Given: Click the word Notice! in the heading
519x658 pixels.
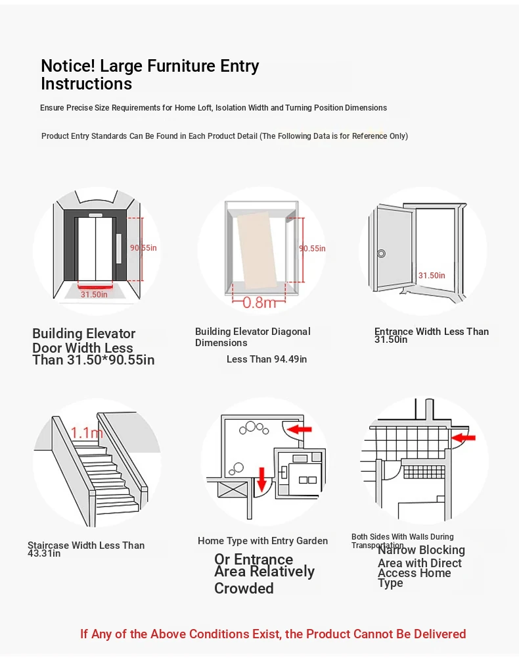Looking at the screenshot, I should pos(68,66).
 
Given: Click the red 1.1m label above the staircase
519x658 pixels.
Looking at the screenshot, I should pos(87,432).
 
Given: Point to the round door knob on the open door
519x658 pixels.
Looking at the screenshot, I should pos(381,253).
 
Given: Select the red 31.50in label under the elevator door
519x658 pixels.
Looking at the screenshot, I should pos(94,294).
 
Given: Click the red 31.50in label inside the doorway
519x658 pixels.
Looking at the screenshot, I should pos(432,276).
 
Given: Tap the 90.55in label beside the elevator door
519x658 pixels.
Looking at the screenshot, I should pos(143,248).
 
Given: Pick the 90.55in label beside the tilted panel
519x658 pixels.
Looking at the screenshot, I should pos(312,249).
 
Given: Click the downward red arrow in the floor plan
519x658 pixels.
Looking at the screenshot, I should pos(261,479).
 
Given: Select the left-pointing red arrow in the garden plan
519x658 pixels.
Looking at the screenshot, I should pos(300,429).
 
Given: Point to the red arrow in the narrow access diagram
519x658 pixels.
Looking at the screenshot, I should pos(464,436).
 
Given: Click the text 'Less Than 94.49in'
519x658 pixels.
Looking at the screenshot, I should pos(267,359).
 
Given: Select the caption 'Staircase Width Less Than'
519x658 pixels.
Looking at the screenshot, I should pos(86,545).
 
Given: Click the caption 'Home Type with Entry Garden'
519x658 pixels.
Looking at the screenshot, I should pos(263,541).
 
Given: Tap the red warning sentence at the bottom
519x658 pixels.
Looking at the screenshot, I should pos(273,634).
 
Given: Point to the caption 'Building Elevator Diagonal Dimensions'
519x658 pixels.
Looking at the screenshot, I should pos(253,337).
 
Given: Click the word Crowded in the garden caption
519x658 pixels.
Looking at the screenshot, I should pos(244,588).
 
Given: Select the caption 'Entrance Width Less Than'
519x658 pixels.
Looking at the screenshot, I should pos(432,332).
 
